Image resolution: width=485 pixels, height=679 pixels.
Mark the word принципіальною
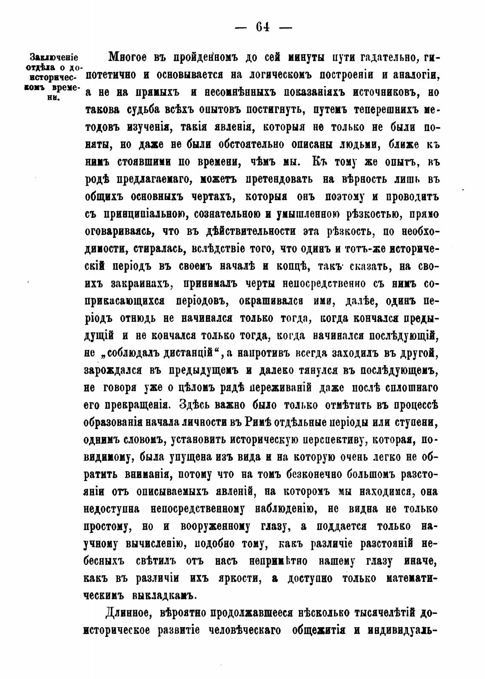(x=142, y=214)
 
